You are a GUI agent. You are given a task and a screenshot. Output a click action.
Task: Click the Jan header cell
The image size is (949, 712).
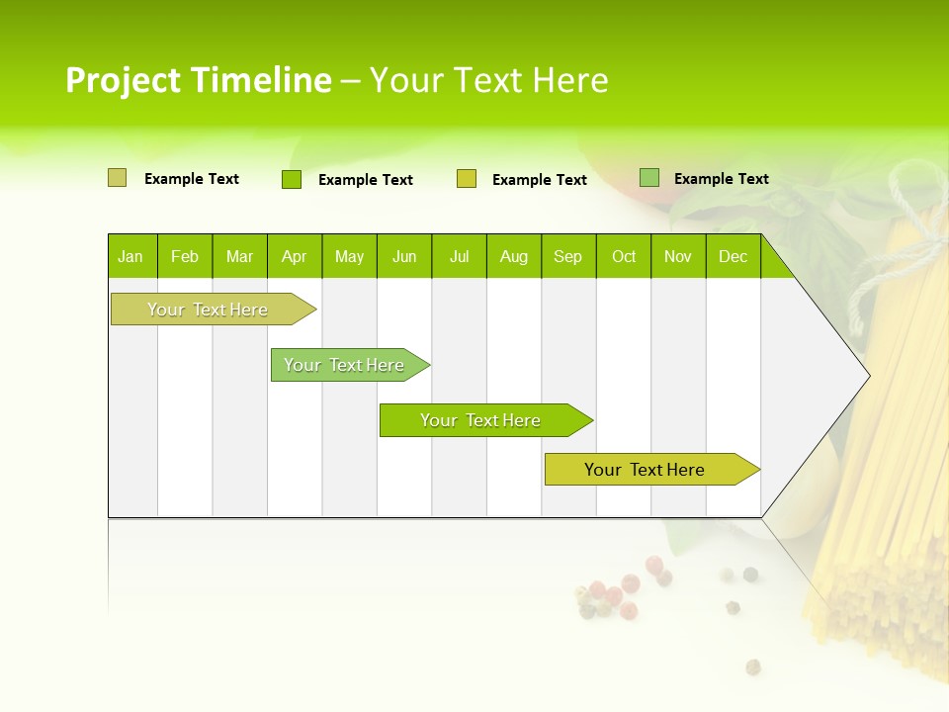click(131, 256)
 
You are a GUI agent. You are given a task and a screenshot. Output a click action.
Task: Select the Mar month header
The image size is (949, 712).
click(239, 256)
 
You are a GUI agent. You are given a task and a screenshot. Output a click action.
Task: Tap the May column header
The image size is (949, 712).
click(349, 256)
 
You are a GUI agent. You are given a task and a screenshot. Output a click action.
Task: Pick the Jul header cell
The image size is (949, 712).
click(459, 256)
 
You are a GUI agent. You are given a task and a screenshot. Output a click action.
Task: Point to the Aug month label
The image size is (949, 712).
click(514, 256)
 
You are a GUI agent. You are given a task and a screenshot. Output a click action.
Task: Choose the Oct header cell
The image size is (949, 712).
click(624, 256)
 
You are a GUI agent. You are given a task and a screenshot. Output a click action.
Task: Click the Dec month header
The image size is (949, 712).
click(733, 256)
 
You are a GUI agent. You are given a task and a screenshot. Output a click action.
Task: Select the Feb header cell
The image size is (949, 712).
click(185, 256)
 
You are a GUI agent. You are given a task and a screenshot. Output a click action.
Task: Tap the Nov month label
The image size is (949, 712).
click(678, 256)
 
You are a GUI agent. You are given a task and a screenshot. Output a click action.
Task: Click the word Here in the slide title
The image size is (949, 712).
click(570, 80)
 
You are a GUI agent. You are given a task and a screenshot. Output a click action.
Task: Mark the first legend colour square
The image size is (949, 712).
click(117, 178)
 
